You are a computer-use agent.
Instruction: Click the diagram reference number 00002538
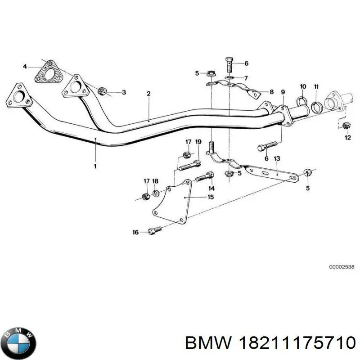(x=342, y=267)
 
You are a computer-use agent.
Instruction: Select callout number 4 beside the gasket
(x=25, y=67)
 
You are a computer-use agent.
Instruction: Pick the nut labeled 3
(x=102, y=91)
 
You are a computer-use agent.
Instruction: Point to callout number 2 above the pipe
(x=148, y=94)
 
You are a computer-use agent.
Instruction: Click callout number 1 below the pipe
(x=95, y=166)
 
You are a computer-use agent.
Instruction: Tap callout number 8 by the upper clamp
(x=272, y=92)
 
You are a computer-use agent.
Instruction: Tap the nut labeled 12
(x=346, y=126)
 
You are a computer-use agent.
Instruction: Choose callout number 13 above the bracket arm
(x=277, y=158)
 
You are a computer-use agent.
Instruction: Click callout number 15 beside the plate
(x=211, y=197)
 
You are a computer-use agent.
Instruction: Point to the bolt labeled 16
(x=155, y=230)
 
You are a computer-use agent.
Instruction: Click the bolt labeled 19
(x=189, y=166)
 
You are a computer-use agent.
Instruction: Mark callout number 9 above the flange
(x=283, y=92)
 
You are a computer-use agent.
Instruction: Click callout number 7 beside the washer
(x=246, y=78)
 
